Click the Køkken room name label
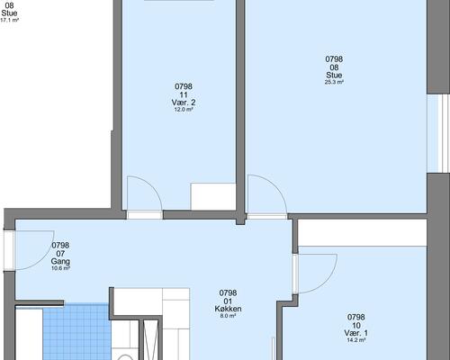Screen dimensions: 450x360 click(228, 309)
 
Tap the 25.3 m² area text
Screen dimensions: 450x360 click(334, 82)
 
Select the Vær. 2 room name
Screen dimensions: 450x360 click(184, 103)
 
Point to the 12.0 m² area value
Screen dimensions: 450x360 click(184, 110)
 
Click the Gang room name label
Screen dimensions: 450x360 click(60, 261)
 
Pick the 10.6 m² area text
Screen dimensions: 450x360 click(60, 268)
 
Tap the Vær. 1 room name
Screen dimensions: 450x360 click(356, 333)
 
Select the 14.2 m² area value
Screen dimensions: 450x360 click(356, 340)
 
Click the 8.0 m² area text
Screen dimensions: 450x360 click(228, 316)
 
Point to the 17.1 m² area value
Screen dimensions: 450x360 click(10, 20)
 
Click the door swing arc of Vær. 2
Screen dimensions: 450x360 click(154, 187)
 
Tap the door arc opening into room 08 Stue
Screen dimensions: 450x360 click(276, 186)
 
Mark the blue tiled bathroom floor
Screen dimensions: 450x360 click(76, 331)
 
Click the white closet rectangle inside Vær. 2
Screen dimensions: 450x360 click(213, 196)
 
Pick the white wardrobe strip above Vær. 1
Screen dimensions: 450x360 click(363, 233)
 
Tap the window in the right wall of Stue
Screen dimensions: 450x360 click(438, 134)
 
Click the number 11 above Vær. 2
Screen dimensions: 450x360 click(184, 94)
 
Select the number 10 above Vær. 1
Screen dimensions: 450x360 click(356, 326)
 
